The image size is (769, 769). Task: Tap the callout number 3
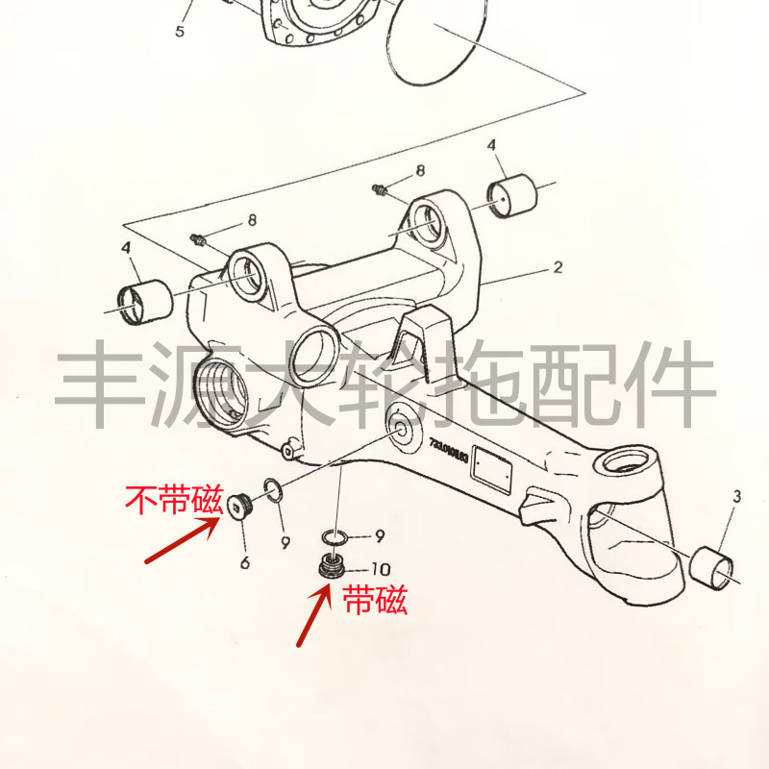coord(737,497)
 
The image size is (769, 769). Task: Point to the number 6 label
coord(245,562)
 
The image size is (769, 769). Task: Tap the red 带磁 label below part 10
coord(376,601)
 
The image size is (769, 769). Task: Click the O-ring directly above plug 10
coord(334,536)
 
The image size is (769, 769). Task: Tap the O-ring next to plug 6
coord(272,491)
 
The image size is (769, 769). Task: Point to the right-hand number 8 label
coord(419,171)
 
